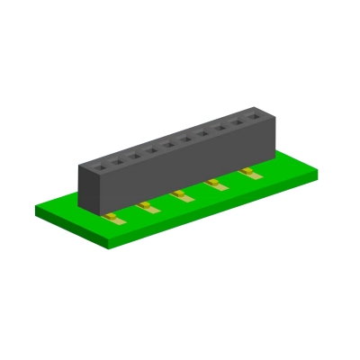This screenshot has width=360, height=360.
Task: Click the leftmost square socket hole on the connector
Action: pos(99,165)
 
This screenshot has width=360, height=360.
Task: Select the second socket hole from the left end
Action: pos(116,159)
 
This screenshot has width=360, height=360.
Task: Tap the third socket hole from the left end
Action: pos(134,154)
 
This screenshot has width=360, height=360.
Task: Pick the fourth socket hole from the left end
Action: pos(151,148)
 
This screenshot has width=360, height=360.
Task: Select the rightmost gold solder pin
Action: pos(248,171)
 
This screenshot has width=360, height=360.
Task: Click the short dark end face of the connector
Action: pos(85,190)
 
